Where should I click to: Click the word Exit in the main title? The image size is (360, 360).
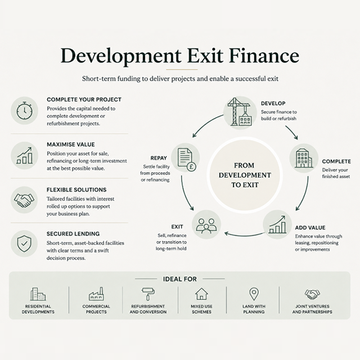[x=205, y=55]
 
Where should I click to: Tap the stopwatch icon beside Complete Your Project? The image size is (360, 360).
[x=24, y=111]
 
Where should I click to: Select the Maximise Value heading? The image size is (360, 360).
[x=71, y=145]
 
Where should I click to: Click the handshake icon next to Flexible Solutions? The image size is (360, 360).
[x=24, y=200]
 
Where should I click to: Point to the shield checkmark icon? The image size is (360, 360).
[x=24, y=244]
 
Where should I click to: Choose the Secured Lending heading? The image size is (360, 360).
[x=73, y=234]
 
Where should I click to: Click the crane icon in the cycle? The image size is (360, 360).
[x=240, y=112]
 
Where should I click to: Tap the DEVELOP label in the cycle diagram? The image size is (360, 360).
[x=273, y=103]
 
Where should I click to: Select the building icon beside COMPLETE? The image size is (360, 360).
[x=304, y=158]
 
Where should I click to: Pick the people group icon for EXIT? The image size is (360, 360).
[x=206, y=226]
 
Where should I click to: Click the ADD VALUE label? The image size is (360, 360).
[x=310, y=227]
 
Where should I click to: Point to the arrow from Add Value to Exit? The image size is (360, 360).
[x=244, y=235]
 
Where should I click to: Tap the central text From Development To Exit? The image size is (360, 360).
[x=245, y=175]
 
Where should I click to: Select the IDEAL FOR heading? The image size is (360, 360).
[x=180, y=279]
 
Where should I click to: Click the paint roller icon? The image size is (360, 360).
[x=148, y=294]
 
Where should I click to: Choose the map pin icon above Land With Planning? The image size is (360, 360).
[x=254, y=294]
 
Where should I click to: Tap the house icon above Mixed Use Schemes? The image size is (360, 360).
[x=201, y=294]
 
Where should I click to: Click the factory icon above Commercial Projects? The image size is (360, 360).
[x=96, y=294]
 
